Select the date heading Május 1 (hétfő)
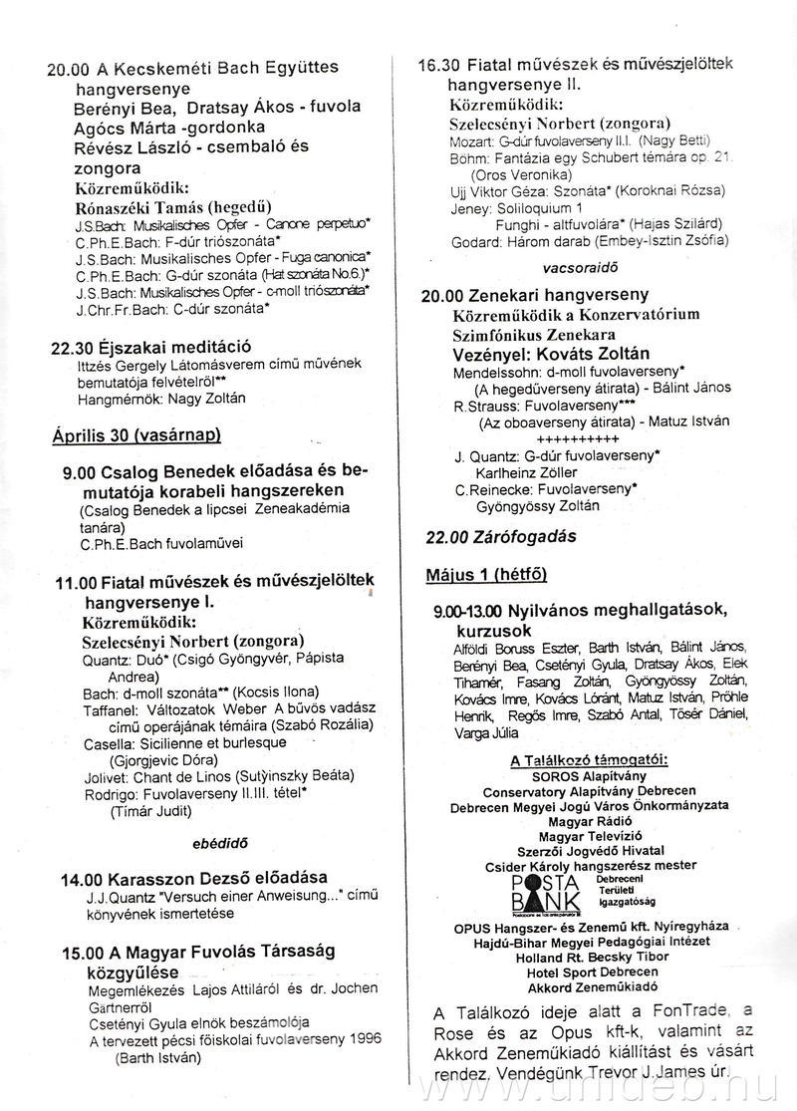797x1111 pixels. [485, 575]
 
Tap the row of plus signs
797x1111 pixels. [578, 438]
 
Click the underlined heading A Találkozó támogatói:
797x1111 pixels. [589, 761]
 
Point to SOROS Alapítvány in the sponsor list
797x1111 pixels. [589, 776]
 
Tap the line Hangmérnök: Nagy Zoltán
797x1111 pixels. [161, 399]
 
